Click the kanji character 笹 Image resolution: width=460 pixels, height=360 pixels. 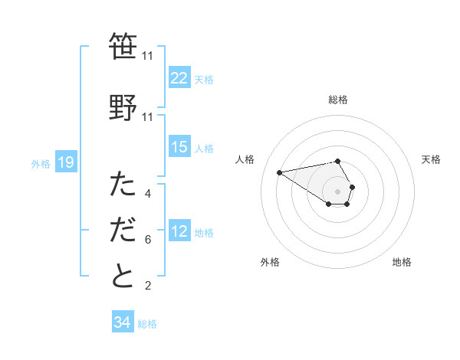tap(123, 47)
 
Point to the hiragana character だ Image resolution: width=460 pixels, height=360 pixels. tap(123, 231)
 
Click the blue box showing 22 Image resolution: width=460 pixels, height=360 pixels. tap(179, 78)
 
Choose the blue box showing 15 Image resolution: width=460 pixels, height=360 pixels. tap(179, 147)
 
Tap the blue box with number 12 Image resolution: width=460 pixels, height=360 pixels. tap(179, 231)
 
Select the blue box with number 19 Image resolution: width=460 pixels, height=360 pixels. tap(65, 162)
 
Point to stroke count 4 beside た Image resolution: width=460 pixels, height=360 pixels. tap(148, 194)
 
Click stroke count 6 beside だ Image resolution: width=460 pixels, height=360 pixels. tap(148, 240)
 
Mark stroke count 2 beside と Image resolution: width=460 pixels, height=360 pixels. tap(148, 286)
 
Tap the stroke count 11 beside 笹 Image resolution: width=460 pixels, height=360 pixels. tap(148, 56)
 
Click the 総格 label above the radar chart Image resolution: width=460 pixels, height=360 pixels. tap(338, 100)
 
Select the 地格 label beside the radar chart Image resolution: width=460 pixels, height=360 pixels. tap(402, 262)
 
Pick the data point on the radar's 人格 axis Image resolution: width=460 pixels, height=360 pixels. tap(280, 172)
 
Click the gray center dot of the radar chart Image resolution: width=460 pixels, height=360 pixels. tap(338, 191)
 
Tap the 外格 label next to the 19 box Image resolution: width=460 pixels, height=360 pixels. tap(41, 163)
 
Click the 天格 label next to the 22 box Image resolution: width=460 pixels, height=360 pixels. tap(204, 79)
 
